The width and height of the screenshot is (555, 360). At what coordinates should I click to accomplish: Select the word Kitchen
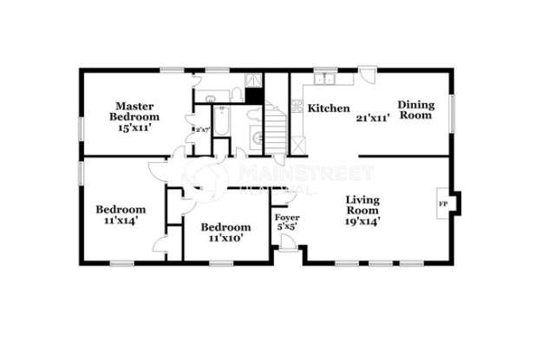(x=329, y=108)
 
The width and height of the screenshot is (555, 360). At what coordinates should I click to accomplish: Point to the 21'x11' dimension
(x=373, y=115)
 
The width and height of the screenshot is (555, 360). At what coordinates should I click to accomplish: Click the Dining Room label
(x=415, y=108)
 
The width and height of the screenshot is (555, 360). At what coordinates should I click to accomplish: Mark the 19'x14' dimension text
(x=362, y=220)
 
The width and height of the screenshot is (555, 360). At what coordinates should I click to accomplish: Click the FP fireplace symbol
(x=442, y=204)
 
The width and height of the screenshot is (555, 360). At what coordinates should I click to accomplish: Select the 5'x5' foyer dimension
(x=286, y=226)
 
